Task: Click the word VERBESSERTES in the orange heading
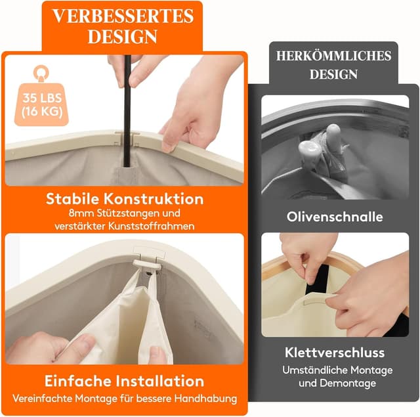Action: pos(121,16)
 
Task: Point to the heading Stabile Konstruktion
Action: pos(125,198)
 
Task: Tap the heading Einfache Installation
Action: pos(125,381)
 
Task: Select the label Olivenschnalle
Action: pos(335,216)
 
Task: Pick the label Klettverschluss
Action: pos(335,353)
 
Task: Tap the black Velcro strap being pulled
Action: pos(318,278)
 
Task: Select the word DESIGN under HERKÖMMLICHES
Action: pos(333,74)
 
